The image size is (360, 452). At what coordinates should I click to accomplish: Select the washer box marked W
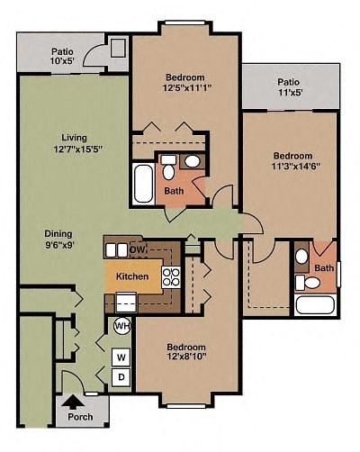coord(121,356)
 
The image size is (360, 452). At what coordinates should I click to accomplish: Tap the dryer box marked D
coord(121,376)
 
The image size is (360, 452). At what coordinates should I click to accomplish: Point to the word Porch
coord(81,417)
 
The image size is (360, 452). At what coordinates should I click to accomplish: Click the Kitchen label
coord(131,276)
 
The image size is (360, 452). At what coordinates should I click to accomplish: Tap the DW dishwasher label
coord(139,249)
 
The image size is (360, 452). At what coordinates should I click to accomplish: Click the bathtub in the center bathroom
coord(143,183)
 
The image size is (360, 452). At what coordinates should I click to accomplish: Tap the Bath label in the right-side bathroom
coord(323,268)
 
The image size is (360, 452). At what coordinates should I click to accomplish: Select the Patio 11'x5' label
coord(290,86)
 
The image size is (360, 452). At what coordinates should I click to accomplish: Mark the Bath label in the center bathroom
coord(174,191)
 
